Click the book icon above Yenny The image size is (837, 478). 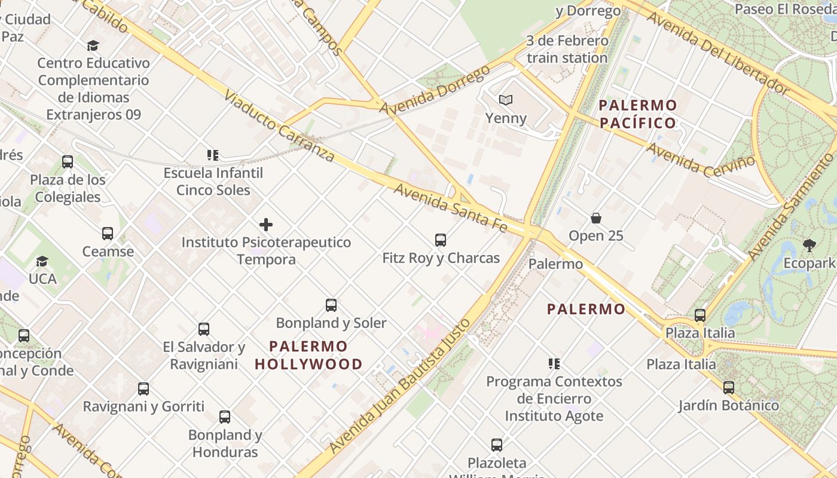coord(506,100)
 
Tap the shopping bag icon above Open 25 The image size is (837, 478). coord(595,217)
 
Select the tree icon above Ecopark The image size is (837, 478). coord(809,245)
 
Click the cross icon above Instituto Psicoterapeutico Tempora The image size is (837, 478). coord(266,225)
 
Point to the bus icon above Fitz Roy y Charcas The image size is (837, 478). coord(441,240)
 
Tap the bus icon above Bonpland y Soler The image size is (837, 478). coord(331,305)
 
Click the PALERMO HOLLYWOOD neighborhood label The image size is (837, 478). coord(308,355)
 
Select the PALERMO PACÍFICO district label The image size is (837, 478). coord(638,114)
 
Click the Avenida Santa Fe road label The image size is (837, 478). coord(451,208)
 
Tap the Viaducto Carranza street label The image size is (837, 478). coord(279,126)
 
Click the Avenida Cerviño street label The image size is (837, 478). coord(701,159)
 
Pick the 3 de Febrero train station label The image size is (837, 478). coord(567,50)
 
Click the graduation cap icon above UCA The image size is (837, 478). coord(42,261)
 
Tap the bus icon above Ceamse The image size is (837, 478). coord(108,234)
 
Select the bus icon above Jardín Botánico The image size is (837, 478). coord(728,388)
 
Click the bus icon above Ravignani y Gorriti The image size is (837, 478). coord(143,389)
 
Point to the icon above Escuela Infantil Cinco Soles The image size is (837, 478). coord(213,155)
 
